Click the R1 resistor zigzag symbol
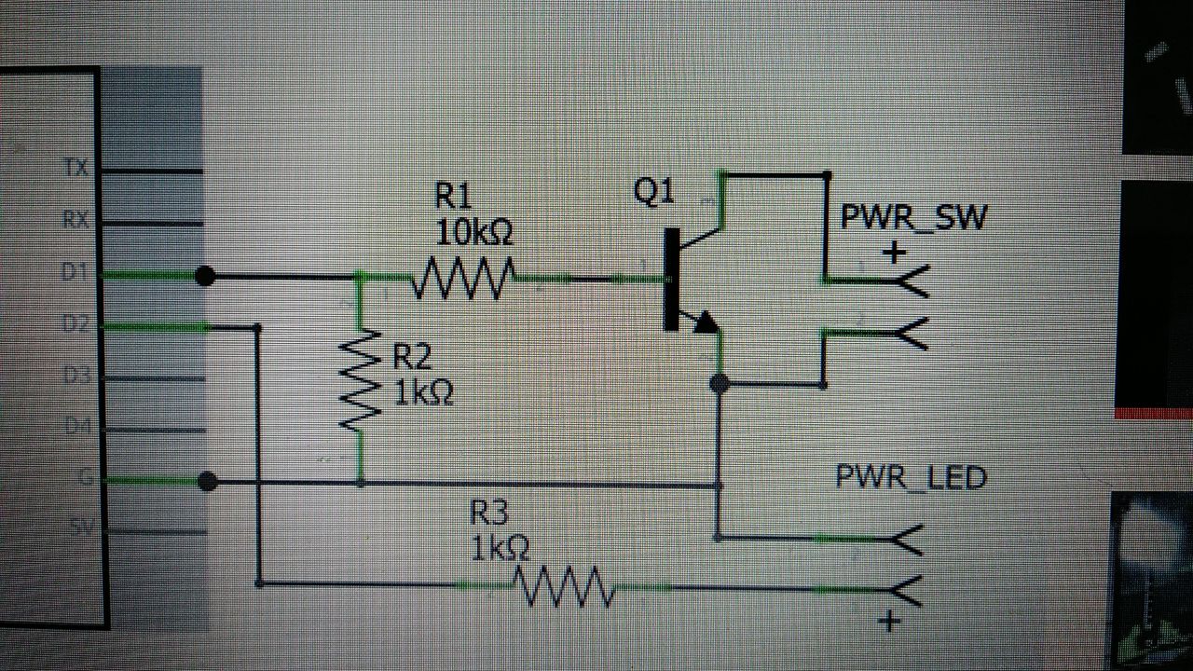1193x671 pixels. (x=462, y=278)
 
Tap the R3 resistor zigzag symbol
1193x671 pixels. (x=563, y=587)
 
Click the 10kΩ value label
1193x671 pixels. (x=473, y=232)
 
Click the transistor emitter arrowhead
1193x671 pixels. (x=706, y=322)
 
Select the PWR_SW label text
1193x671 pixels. (x=912, y=218)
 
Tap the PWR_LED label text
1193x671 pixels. (x=911, y=478)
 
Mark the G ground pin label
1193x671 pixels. (x=83, y=479)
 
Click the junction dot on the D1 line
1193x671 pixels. (x=207, y=276)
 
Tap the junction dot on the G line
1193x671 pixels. (x=209, y=482)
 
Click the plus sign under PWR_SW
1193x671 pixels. (x=894, y=253)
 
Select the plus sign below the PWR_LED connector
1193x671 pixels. (x=889, y=622)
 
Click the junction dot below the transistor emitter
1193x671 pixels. (x=719, y=383)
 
